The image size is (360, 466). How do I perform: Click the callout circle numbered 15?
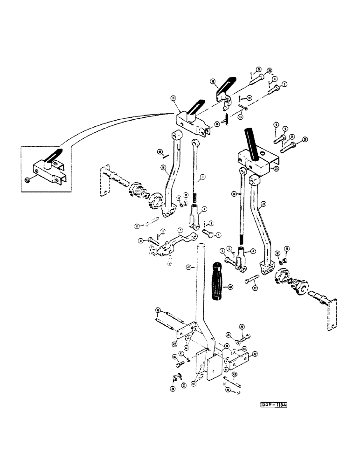[173, 111]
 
